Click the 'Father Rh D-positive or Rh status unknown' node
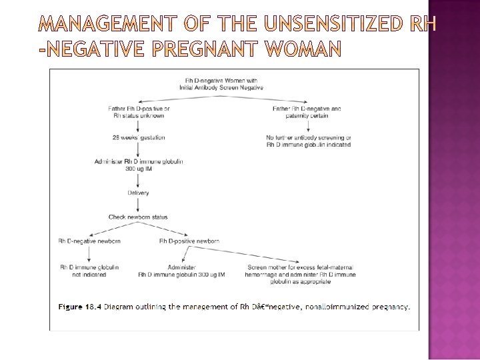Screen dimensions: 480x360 point(138,112)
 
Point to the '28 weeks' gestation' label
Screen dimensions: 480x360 point(138,137)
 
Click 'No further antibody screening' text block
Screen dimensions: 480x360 point(308,141)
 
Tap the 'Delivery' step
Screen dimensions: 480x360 point(138,193)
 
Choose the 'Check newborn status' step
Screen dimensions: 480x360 point(138,217)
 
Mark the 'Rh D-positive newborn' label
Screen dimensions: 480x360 point(189,241)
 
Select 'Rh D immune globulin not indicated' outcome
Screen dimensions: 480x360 point(89,270)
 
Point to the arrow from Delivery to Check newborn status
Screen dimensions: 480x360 point(138,205)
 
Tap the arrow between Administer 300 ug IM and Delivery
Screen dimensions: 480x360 point(138,181)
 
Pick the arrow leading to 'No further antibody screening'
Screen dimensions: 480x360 point(307,126)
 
